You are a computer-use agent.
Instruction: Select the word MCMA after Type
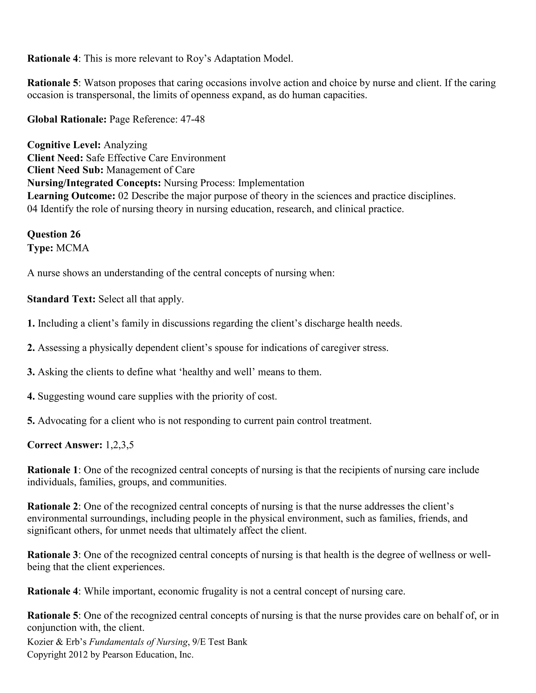(72, 248)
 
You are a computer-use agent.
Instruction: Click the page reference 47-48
(192, 119)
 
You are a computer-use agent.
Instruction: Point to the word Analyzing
(125, 145)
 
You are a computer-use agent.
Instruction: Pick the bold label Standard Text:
(61, 299)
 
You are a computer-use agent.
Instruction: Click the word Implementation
(271, 183)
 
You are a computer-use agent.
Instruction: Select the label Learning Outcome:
(71, 196)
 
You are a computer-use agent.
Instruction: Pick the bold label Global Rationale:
(67, 119)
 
